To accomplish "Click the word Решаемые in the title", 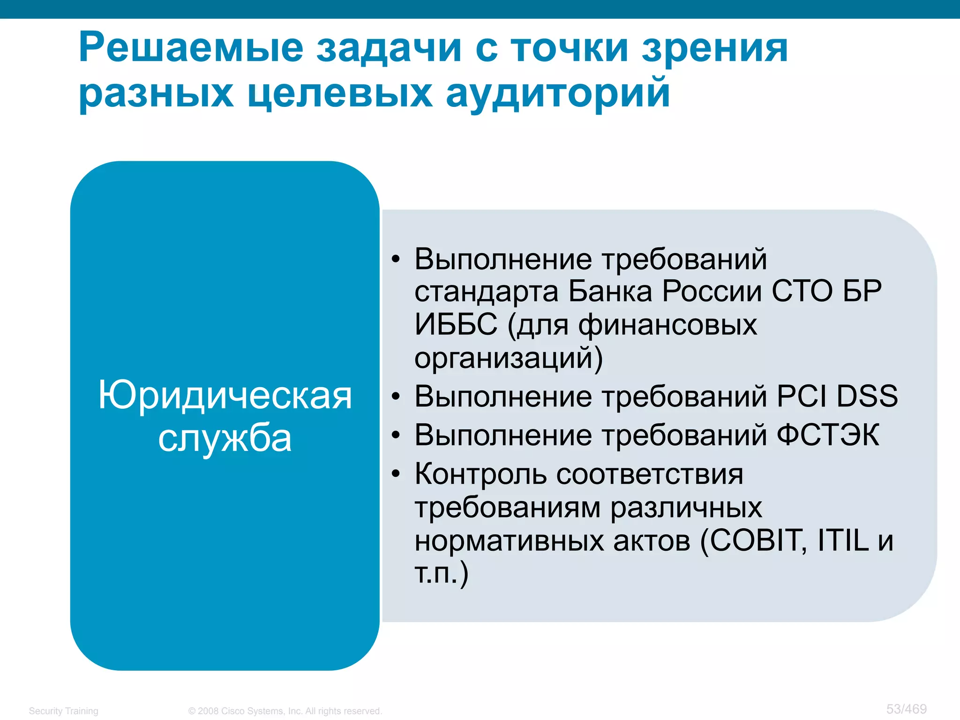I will coord(191,48).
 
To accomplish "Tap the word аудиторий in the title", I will coord(557,93).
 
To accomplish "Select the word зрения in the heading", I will coord(714,48).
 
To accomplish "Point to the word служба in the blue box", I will coord(225,439).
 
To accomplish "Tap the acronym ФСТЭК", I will coord(827,435).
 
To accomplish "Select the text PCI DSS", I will coord(837,396).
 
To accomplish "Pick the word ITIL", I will coord(843,540).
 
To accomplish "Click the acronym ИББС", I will coord(456,324).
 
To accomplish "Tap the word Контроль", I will coord(480,474).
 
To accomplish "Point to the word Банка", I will coord(610,291).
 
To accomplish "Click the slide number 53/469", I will coord(906,709).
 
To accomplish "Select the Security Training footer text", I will coord(63,711).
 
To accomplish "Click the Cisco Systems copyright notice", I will coord(285,711).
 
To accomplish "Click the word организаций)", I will coord(509,358).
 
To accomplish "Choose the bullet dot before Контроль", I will coord(396,474).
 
